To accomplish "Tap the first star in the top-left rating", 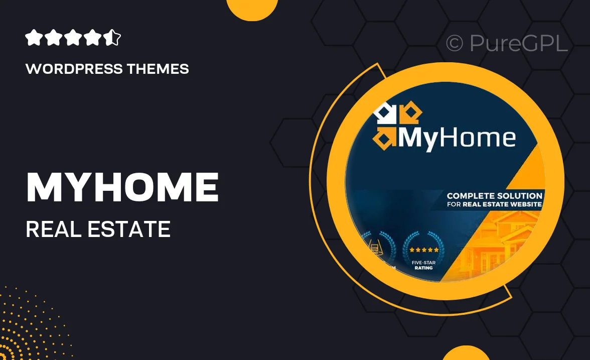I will (x=33, y=38).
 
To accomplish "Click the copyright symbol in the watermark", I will (x=454, y=43).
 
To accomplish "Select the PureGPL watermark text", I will (x=519, y=43).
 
